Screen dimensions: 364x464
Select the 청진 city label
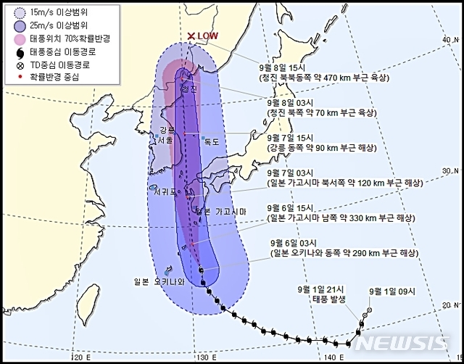[x=191, y=89]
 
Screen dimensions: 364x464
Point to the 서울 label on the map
[x=157, y=141]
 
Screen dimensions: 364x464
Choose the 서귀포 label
[x=168, y=194]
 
